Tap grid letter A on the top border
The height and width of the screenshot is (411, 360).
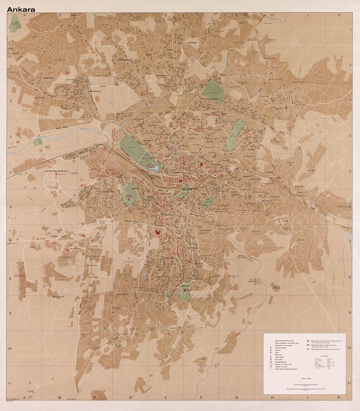click(25, 15)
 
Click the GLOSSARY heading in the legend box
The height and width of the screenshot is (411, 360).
click(325, 356)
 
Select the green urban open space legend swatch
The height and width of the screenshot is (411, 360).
click(307, 345)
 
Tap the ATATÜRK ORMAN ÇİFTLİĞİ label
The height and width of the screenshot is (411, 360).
click(54, 172)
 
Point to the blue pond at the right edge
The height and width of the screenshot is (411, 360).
click(349, 236)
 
